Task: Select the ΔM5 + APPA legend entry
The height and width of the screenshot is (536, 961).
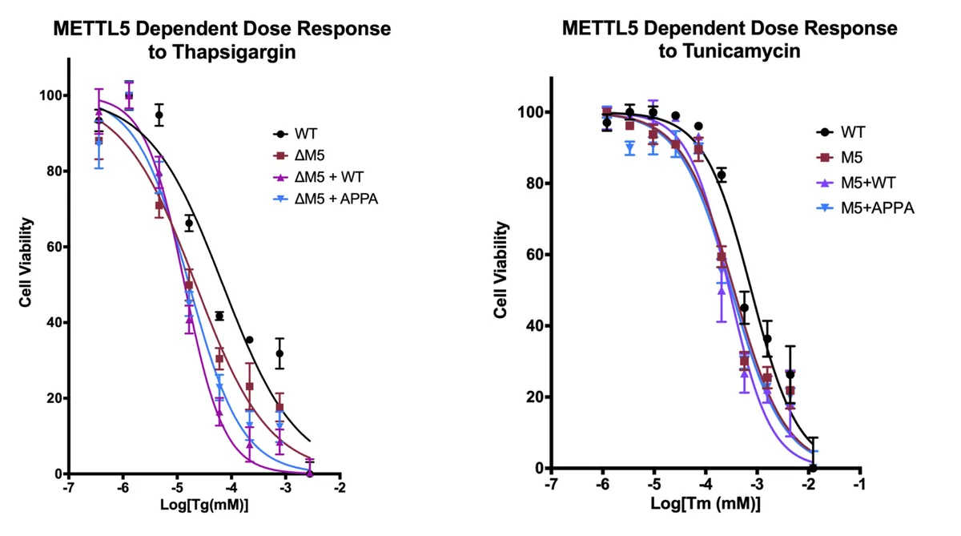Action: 325,198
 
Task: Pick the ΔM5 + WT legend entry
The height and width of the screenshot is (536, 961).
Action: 319,177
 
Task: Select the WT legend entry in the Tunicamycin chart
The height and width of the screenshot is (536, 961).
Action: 852,131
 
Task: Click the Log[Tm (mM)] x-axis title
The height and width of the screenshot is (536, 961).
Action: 705,505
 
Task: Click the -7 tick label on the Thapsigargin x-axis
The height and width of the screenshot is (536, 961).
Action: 69,487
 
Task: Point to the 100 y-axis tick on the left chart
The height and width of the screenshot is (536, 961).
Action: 50,95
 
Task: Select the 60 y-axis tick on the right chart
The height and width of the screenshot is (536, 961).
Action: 535,255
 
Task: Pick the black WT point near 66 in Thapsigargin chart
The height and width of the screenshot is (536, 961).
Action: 189,224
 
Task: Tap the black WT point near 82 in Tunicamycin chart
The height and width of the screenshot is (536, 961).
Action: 722,175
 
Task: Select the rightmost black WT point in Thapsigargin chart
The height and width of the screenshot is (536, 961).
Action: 279,353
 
